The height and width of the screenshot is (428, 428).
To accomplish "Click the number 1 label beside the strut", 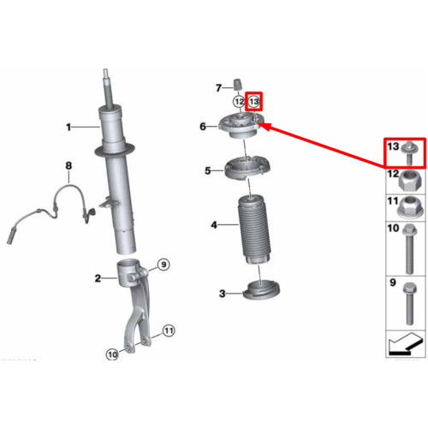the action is coord(68,127).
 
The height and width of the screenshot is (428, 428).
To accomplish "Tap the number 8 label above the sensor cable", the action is coord(68,165).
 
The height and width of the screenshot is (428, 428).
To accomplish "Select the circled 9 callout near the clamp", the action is coord(163,265).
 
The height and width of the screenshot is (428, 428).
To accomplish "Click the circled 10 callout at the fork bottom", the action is coord(112,354).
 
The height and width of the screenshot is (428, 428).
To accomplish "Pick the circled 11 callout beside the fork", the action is coord(169,330).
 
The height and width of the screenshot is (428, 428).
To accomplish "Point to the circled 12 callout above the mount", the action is coord(239,102).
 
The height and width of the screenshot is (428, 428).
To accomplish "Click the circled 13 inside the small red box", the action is coord(253,102).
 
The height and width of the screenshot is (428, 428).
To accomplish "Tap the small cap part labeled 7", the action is coord(238,84).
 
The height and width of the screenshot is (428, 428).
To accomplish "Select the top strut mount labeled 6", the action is coord(239,126).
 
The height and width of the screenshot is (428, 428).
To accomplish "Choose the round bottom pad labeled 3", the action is coord(261,290).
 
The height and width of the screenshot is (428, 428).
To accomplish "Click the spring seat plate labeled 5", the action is coord(247,169).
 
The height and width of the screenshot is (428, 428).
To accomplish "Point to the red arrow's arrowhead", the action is coord(264,127).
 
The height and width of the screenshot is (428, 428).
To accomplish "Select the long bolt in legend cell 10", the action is coord(409,249).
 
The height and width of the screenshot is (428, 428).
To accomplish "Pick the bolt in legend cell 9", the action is coord(409,303).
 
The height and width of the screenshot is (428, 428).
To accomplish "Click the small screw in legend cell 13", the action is coord(408,153).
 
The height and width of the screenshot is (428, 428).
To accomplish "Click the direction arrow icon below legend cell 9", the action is coord(406,343).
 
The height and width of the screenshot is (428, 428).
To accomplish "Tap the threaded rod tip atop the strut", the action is coord(105,74).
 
